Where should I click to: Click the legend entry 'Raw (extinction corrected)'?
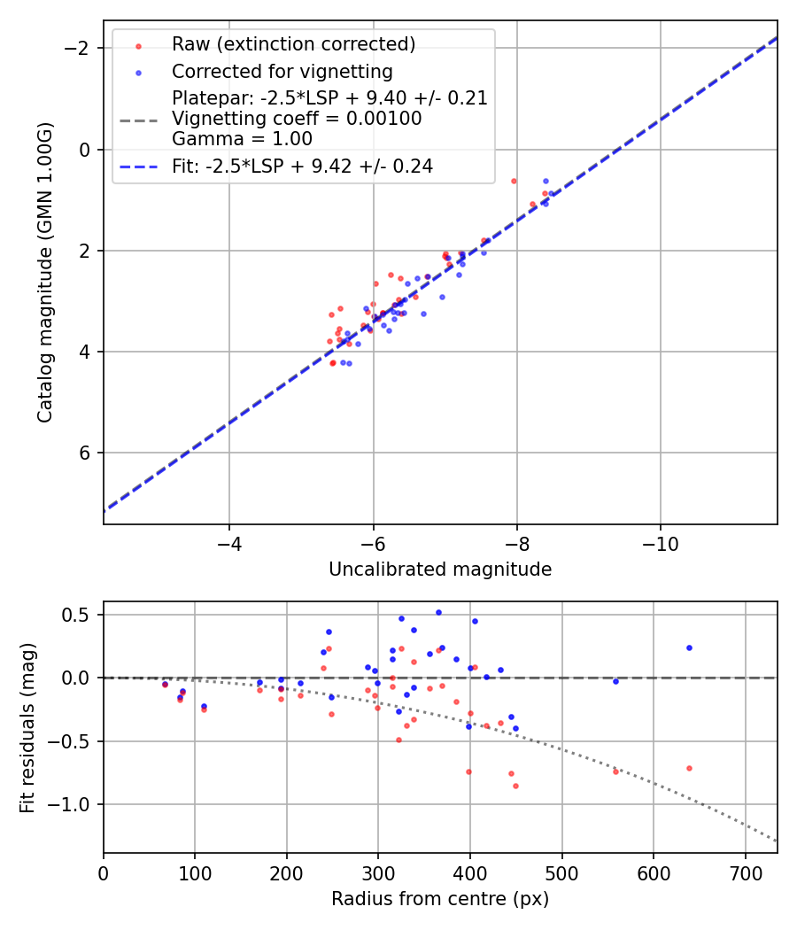pyautogui.click(x=293, y=44)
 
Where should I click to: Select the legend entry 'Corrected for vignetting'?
pyautogui.click(x=282, y=71)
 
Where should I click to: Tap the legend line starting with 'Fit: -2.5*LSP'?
pyautogui.click(x=302, y=167)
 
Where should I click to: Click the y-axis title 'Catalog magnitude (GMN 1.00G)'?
pyautogui.click(x=45, y=272)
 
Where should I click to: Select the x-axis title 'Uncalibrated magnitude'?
pyautogui.click(x=440, y=570)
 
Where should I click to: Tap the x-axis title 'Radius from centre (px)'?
pyautogui.click(x=440, y=899)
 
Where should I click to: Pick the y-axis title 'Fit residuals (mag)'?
pyautogui.click(x=27, y=727)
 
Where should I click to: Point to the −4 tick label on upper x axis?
pyautogui.click(x=229, y=539)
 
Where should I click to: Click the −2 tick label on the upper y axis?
pyautogui.click(x=80, y=48)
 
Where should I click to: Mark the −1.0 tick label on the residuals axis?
pyautogui.click(x=73, y=804)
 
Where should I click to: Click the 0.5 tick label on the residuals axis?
pyautogui.click(x=80, y=615)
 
